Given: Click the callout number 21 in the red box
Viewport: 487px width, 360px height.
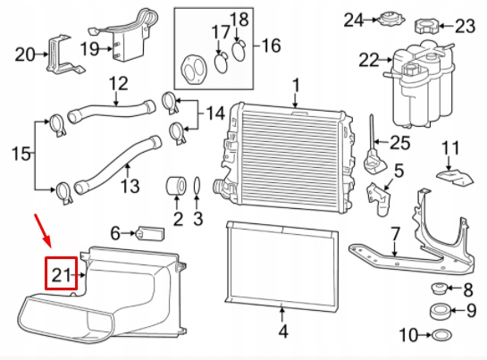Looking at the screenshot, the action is [x=61, y=275].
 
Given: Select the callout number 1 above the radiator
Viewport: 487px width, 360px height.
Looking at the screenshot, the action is [x=297, y=86].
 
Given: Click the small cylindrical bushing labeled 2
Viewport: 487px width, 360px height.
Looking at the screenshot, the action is [x=177, y=186].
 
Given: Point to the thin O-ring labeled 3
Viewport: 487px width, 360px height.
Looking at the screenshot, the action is [x=197, y=187].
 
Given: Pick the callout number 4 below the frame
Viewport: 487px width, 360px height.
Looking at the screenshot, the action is [x=282, y=331].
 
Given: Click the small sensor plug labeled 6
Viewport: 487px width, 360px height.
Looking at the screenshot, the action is [x=150, y=233].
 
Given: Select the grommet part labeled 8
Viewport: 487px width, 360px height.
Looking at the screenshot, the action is [x=439, y=289].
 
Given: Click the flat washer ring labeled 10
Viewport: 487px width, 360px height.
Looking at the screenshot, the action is [x=441, y=335].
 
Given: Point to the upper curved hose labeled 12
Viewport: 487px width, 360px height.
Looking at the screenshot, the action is [x=111, y=111].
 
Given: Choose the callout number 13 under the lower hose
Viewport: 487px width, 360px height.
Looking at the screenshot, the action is [x=130, y=186].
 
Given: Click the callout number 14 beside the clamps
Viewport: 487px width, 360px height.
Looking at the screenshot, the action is [x=215, y=113].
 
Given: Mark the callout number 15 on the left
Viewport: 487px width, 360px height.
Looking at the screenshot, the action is [x=21, y=154].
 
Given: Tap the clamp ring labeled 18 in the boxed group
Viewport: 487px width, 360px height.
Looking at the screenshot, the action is [x=239, y=52].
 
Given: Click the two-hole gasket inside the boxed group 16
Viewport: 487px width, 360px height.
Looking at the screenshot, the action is [x=194, y=70].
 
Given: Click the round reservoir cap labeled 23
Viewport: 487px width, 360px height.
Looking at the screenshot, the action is [x=427, y=27].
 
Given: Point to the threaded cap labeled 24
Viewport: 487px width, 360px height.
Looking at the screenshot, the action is [x=390, y=20].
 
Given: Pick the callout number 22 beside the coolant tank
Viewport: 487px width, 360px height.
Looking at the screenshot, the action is [x=369, y=60].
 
